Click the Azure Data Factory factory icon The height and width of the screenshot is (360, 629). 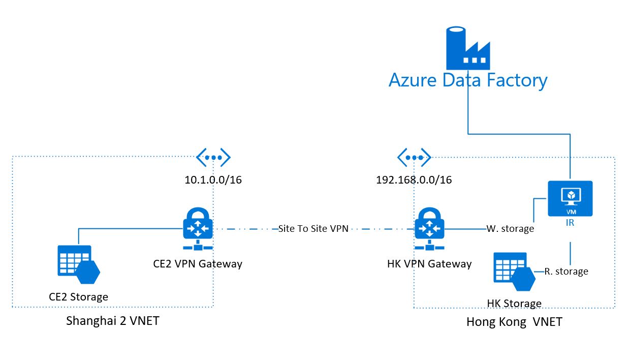(467, 49)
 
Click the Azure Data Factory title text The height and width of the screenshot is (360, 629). (468, 81)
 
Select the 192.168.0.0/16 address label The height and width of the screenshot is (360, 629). (414, 180)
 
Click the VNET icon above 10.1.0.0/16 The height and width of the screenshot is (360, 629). (213, 157)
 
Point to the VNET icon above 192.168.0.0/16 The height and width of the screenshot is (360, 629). (414, 157)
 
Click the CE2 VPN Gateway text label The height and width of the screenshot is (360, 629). (198, 264)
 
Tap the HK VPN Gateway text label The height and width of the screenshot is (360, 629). (429, 264)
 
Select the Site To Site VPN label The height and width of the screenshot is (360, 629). (313, 229)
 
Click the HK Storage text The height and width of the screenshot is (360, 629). (514, 304)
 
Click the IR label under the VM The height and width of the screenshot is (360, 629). (570, 222)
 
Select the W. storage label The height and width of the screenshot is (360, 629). (510, 229)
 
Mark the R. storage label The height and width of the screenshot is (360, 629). (566, 272)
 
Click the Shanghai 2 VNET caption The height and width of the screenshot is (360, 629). (113, 321)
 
